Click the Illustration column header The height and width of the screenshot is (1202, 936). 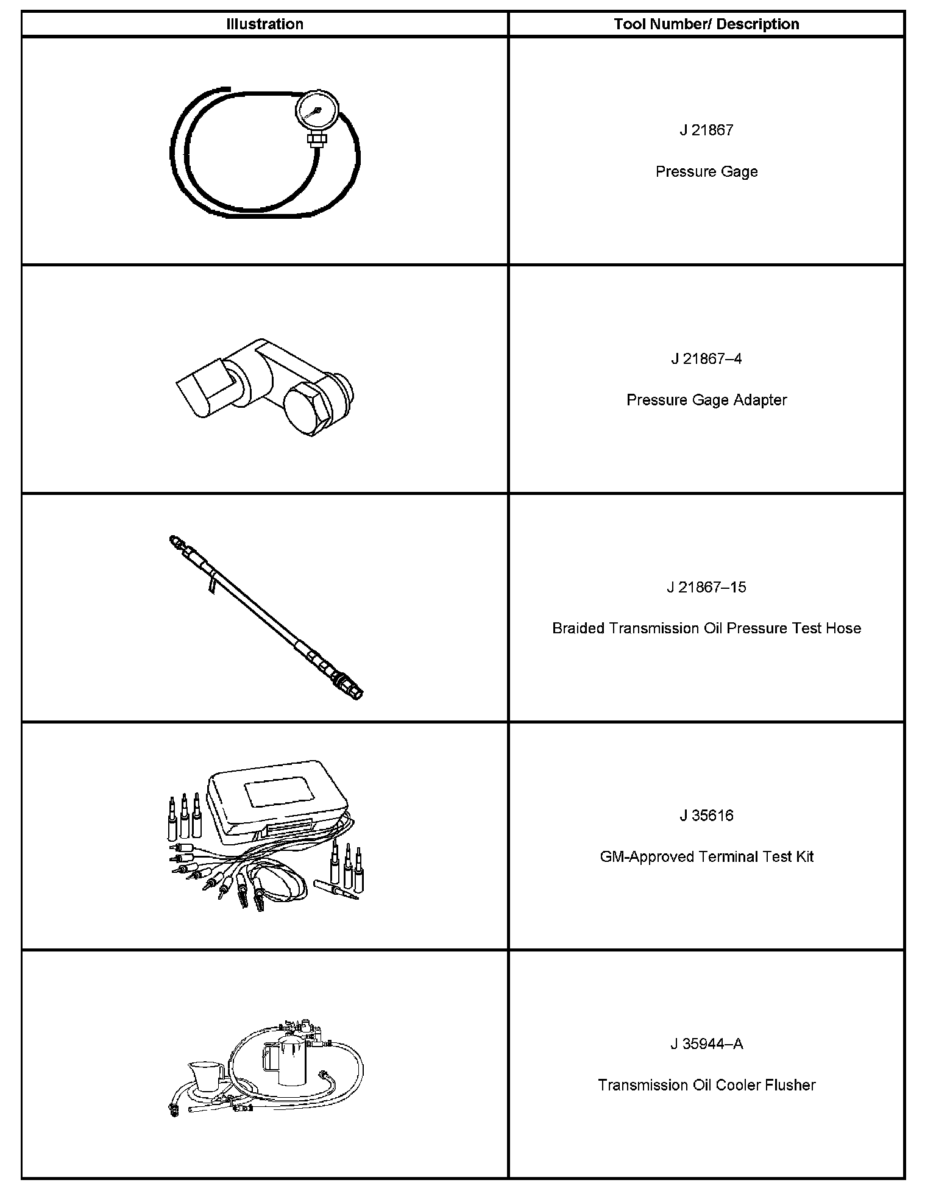(x=264, y=24)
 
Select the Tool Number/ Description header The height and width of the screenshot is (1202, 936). (x=706, y=24)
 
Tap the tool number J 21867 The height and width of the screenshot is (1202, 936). (x=706, y=130)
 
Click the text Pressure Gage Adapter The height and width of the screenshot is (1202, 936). (x=706, y=400)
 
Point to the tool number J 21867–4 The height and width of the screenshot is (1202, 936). (x=706, y=359)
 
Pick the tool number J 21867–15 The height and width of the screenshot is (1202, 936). (x=706, y=588)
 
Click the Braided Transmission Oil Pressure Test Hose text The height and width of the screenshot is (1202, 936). (x=706, y=628)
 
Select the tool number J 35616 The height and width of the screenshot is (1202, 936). (x=706, y=816)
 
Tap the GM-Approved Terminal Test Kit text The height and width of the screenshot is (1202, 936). (x=706, y=857)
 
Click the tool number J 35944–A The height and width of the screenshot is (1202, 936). (x=706, y=1045)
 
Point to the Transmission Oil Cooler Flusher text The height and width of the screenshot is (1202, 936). (x=706, y=1086)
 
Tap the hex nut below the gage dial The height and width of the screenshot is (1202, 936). (x=317, y=140)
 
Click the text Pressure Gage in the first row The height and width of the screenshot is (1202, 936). (x=706, y=172)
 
